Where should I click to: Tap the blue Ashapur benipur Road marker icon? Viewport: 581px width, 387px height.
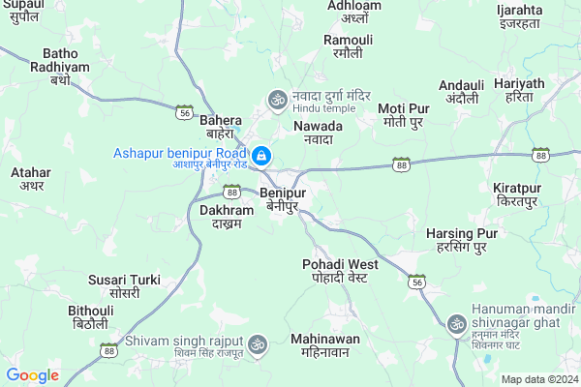(260, 155)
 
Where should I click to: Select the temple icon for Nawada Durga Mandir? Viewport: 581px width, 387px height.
(277, 99)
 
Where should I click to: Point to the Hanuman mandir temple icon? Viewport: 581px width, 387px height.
(455, 322)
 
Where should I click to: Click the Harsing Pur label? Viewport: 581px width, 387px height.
(461, 240)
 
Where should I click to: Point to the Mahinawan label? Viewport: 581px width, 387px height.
(324, 345)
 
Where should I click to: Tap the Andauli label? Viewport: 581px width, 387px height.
(461, 92)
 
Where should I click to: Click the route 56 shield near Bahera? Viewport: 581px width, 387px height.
(183, 112)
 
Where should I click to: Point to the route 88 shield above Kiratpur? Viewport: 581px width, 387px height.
(540, 155)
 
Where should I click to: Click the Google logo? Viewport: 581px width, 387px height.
(32, 375)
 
